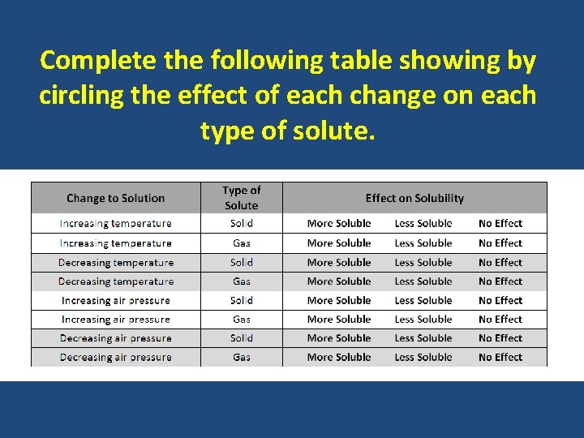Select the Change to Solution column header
coord(115,198)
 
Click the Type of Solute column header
coord(242,198)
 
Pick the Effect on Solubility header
coord(414,198)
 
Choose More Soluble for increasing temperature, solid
coord(339,223)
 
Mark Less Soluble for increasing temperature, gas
coord(423,243)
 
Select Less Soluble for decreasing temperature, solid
coord(423,262)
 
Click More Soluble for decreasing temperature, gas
coord(339,281)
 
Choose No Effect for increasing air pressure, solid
coord(500,300)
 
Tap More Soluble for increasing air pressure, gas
coord(339,319)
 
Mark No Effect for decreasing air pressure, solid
coord(500,337)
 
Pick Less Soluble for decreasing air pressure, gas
coord(423,357)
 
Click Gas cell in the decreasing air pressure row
coord(242,357)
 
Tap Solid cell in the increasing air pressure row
coord(242,300)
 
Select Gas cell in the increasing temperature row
coord(242,243)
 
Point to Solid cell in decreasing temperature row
coord(242,262)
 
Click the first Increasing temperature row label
coord(115,223)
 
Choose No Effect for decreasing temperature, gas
coord(500,281)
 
